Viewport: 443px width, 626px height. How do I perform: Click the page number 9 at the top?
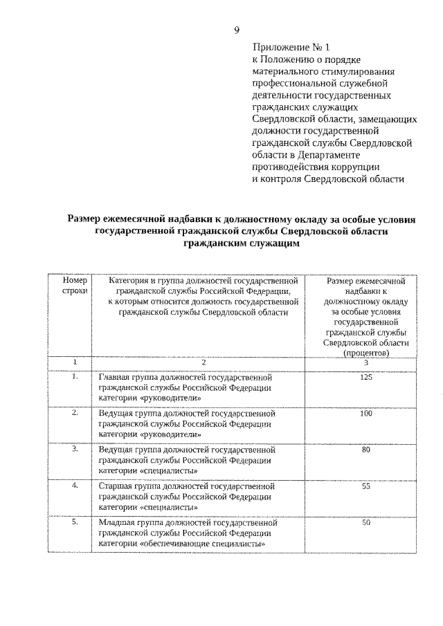(237, 30)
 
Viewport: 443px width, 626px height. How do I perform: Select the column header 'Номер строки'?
(74, 288)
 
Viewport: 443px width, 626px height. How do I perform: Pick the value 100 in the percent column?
(366, 414)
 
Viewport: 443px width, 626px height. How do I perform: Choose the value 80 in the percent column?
(366, 450)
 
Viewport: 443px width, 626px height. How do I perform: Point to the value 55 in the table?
(366, 487)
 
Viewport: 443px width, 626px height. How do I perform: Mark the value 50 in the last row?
(366, 523)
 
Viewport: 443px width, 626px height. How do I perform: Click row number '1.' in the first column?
(74, 377)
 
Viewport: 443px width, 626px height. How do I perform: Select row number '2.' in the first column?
(74, 413)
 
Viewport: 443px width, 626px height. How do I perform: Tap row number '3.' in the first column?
(74, 450)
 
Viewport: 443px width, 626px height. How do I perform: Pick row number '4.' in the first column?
(74, 486)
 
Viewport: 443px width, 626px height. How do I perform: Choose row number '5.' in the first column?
(74, 522)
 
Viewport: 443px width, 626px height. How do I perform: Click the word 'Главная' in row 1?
(116, 378)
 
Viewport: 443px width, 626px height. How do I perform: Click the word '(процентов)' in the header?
(366, 352)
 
